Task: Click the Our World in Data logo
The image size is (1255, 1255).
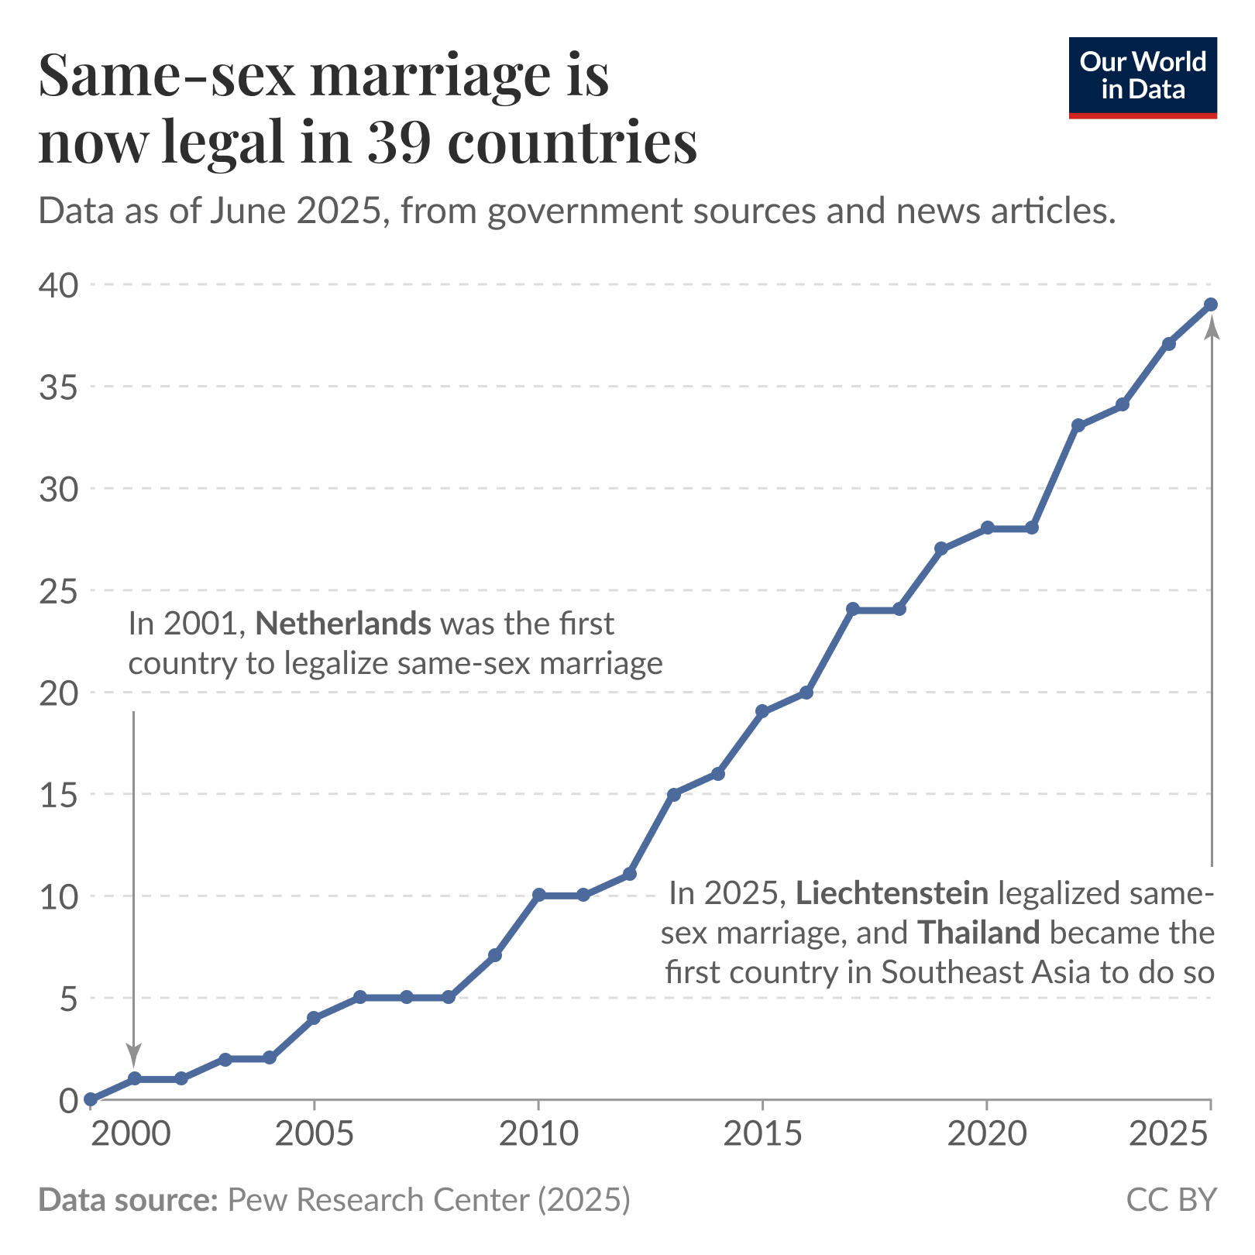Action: click(x=1142, y=77)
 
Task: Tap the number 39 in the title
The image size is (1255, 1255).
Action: click(x=398, y=143)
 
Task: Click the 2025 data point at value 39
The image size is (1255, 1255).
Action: click(x=1210, y=304)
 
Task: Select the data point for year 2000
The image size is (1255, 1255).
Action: click(x=91, y=1099)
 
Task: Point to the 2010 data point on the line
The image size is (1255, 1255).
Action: click(x=538, y=895)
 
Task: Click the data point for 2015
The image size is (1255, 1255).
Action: click(x=762, y=711)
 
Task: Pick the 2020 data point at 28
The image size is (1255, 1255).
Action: click(x=987, y=528)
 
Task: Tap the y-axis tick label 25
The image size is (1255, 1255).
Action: click(x=59, y=591)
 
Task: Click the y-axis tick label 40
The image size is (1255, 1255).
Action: click(x=59, y=285)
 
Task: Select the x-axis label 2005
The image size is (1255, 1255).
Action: click(x=314, y=1134)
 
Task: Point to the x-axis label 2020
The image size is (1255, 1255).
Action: click(x=987, y=1134)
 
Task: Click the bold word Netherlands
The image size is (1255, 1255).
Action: click(x=343, y=624)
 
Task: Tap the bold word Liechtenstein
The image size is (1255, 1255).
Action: click(x=892, y=893)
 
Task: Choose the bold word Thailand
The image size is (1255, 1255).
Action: click(x=978, y=933)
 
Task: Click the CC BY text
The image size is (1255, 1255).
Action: click(x=1171, y=1200)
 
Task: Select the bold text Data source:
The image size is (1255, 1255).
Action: click(x=128, y=1200)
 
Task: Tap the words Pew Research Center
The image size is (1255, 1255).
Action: click(x=378, y=1200)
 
